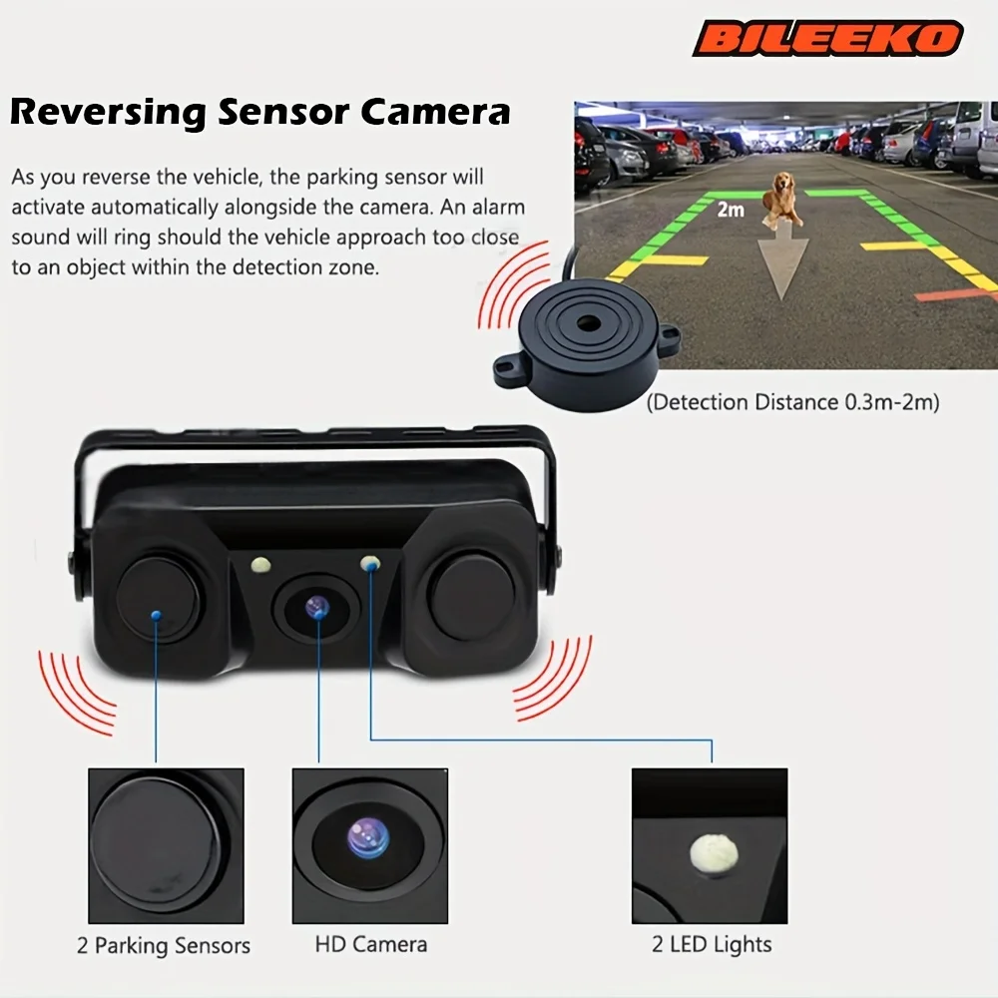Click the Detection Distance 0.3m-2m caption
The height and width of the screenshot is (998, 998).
[x=792, y=402]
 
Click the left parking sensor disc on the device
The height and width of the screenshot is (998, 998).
[x=157, y=599]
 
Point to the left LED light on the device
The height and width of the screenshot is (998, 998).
[x=260, y=565]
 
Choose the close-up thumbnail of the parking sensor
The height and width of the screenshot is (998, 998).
[x=166, y=845]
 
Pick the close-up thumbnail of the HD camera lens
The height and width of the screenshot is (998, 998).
[x=369, y=845]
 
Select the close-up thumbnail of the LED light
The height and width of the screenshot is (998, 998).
[x=710, y=845]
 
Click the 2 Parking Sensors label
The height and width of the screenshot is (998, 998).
[x=164, y=945]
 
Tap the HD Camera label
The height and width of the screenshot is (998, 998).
[x=370, y=943]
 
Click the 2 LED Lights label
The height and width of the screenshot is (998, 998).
[x=712, y=944]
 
